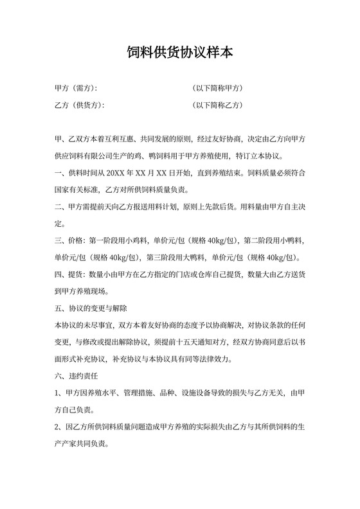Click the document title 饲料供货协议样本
(x=179, y=53)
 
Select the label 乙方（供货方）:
(x=80, y=105)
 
